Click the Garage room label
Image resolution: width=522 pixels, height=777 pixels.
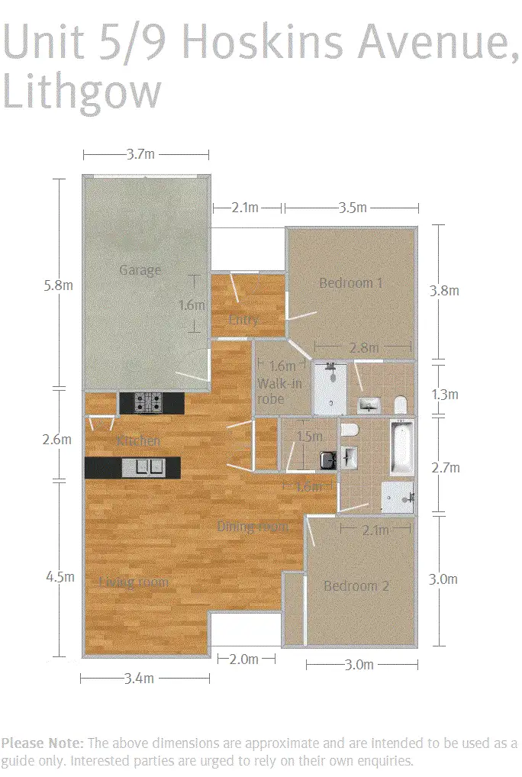point(140,270)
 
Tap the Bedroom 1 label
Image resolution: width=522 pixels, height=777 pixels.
point(350,283)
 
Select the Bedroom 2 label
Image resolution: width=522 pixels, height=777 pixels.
point(356,586)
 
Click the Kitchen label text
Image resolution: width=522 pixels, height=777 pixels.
point(138,441)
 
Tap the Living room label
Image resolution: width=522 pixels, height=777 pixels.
point(134,582)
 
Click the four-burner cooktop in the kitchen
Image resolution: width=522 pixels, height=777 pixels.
point(150,402)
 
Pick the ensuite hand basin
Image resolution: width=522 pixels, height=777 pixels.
point(369,405)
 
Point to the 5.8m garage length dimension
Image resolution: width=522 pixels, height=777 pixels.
point(58,285)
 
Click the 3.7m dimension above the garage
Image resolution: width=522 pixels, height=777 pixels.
point(140,154)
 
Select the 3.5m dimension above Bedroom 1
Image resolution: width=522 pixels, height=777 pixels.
point(351,208)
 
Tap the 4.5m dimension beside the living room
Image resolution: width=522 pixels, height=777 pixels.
point(58,577)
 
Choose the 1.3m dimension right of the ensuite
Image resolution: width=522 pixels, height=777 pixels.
point(445,395)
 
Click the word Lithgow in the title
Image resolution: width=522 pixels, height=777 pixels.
point(82,91)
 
